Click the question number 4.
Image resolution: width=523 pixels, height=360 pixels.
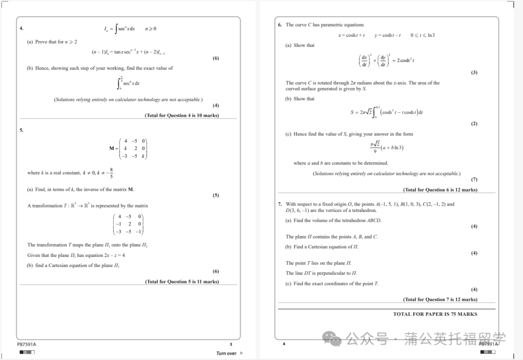(x=21, y=29)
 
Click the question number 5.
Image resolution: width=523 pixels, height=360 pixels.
(x=21, y=130)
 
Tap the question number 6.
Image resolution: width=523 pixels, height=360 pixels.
(x=280, y=25)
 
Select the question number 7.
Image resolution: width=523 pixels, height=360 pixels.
(x=280, y=204)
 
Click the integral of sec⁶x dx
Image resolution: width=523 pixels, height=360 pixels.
(x=128, y=83)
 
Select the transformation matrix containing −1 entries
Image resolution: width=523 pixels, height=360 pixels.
(x=128, y=224)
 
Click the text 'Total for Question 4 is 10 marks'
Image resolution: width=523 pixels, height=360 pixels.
(x=182, y=116)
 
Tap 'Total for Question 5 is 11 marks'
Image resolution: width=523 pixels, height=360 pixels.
(x=182, y=282)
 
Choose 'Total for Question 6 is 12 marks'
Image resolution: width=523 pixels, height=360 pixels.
(x=440, y=190)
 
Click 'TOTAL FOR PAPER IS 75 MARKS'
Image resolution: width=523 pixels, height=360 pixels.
(x=435, y=314)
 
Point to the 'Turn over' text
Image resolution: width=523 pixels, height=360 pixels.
(x=227, y=353)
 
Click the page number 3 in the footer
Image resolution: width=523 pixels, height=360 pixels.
(x=231, y=344)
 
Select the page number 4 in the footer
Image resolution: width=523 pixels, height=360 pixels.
(x=284, y=344)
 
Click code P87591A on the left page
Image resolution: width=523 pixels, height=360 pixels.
(x=27, y=344)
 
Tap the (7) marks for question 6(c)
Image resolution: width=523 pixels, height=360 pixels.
(x=474, y=180)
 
